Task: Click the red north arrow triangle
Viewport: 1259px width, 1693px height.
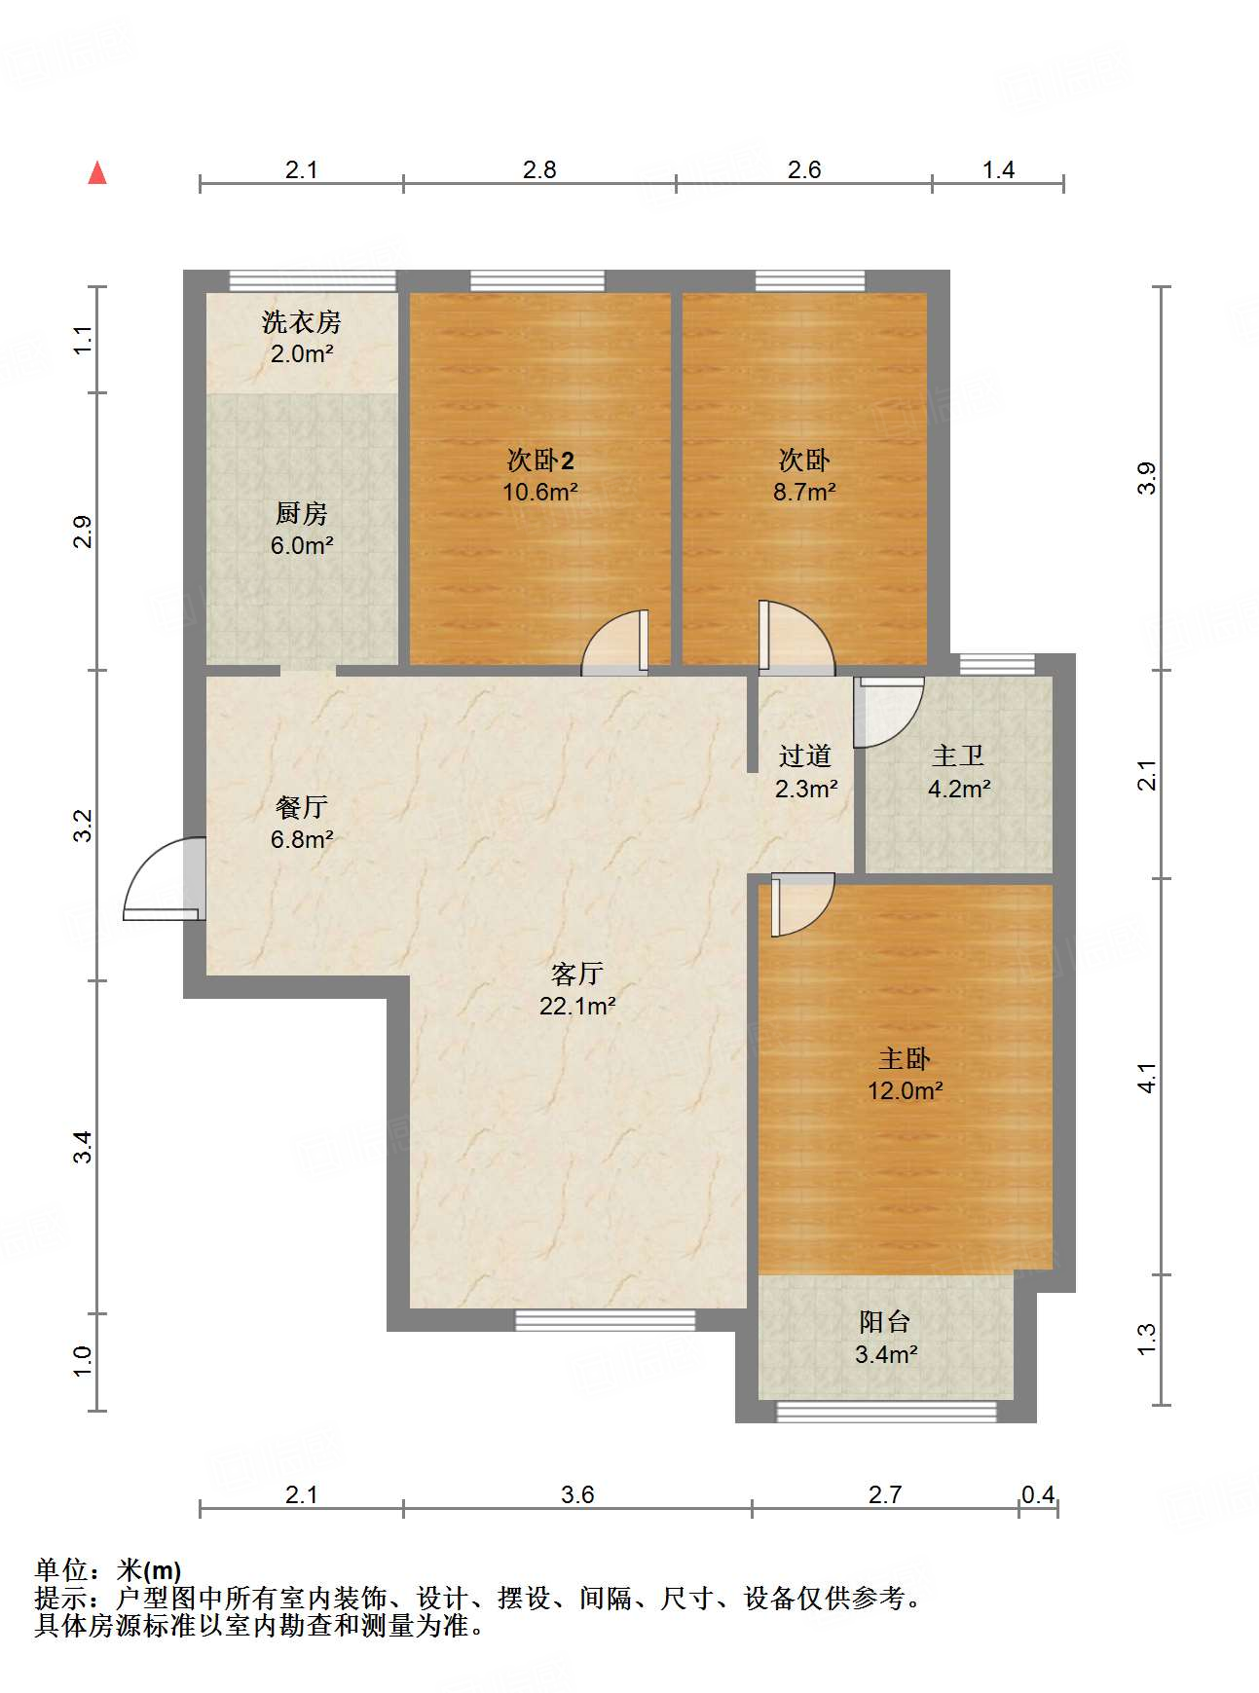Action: [97, 173]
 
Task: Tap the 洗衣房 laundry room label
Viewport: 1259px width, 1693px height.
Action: [302, 322]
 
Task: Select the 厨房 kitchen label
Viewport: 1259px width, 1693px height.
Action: [302, 513]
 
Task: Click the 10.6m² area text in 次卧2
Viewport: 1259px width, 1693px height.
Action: [540, 492]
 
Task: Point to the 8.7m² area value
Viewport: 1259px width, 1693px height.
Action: [804, 492]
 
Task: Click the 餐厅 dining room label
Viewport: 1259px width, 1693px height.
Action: [302, 807]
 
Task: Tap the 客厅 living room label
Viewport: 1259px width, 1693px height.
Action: [577, 974]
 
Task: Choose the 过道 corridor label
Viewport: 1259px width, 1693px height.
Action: [805, 755]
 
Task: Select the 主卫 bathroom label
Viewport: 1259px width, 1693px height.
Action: [959, 755]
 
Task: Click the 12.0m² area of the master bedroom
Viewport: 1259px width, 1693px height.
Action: [906, 1090]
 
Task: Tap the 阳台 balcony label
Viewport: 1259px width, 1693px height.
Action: [885, 1321]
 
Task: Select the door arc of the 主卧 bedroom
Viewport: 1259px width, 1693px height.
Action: [803, 905]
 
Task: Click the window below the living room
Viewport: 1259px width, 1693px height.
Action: [605, 1320]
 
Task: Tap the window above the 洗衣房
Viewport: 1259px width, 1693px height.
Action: [313, 280]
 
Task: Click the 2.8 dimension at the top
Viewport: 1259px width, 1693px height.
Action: [539, 170]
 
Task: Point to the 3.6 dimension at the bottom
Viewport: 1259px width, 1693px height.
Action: [577, 1494]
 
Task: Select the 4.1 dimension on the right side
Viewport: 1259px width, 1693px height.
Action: [1148, 1078]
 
